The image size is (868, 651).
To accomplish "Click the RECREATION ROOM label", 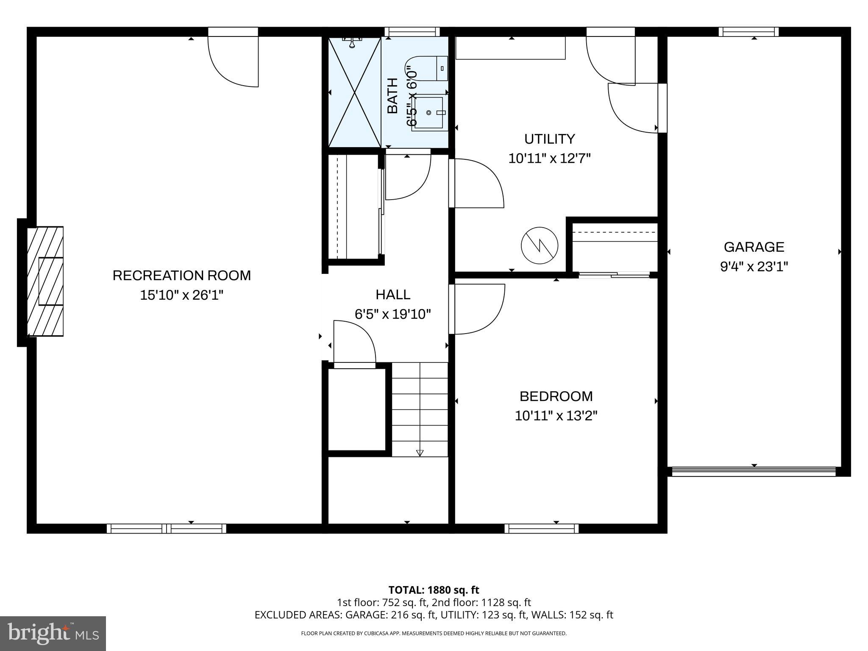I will [x=181, y=275].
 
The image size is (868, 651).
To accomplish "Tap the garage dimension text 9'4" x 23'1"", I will [x=754, y=267].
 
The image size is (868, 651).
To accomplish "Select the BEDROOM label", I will [x=556, y=396].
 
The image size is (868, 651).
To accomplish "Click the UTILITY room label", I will [x=549, y=139].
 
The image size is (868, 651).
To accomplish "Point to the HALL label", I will [x=392, y=295].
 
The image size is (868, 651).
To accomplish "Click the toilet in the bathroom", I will [x=432, y=68].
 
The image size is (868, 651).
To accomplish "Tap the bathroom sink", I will [x=429, y=113].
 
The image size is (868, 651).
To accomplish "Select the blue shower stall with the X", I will [x=354, y=92].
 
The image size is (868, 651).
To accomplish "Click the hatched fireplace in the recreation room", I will [x=45, y=281].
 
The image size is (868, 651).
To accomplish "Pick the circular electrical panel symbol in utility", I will [x=539, y=245].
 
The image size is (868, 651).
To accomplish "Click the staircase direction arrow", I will [x=420, y=452].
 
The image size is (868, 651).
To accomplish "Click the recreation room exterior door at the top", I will [x=233, y=59].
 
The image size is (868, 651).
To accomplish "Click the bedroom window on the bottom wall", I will [x=541, y=528].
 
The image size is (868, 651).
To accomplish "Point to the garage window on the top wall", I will [x=748, y=32].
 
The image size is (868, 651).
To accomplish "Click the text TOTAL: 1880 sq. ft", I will [x=434, y=590].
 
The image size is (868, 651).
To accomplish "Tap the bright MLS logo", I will [x=53, y=633].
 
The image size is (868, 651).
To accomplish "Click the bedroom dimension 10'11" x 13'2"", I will [x=556, y=416].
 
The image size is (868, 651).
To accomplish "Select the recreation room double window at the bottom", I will [x=166, y=528].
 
